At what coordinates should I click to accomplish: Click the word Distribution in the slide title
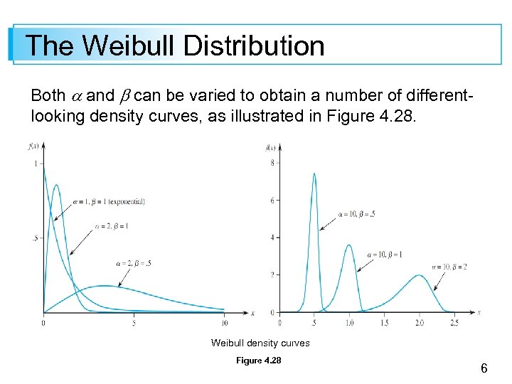click(254, 46)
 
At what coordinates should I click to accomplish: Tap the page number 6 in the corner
click(484, 368)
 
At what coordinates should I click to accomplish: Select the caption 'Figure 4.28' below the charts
click(259, 361)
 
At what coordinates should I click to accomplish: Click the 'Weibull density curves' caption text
click(260, 343)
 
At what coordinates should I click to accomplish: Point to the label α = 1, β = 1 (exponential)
click(110, 201)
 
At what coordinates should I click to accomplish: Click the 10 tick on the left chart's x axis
click(224, 322)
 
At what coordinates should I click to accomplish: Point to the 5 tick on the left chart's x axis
click(134, 322)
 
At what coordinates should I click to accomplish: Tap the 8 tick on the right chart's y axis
click(272, 164)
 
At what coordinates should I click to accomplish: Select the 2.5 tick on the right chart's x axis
click(454, 322)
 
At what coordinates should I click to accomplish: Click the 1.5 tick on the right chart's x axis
click(384, 322)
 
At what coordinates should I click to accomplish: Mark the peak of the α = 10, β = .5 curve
click(314, 174)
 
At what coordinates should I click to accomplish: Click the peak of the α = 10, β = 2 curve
click(420, 275)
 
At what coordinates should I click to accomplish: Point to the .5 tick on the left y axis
click(36, 238)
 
